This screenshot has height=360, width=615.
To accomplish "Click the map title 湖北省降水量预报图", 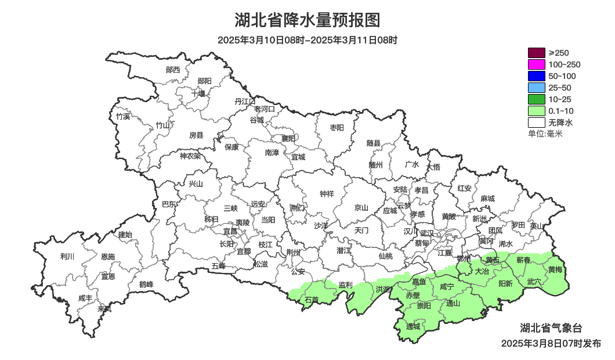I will pyautogui.click(x=307, y=20).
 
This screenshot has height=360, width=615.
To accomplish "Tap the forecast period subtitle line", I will pyautogui.click(x=307, y=40).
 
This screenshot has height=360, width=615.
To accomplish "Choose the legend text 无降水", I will pyautogui.click(x=560, y=123).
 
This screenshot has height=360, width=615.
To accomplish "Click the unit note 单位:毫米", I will pyautogui.click(x=545, y=134).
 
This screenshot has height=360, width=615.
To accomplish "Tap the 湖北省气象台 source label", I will pyautogui.click(x=551, y=328).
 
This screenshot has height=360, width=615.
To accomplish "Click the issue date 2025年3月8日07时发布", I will pyautogui.click(x=551, y=343).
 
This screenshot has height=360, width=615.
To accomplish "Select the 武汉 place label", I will pyautogui.click(x=426, y=232).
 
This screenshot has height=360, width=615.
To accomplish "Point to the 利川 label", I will pyautogui.click(x=67, y=256).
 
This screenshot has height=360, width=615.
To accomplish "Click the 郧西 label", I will pyautogui.click(x=173, y=70).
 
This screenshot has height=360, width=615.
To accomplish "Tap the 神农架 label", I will pyautogui.click(x=190, y=156).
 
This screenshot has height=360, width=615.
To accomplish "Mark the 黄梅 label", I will pyautogui.click(x=555, y=269).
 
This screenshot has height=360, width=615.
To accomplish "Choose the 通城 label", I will pyautogui.click(x=413, y=326).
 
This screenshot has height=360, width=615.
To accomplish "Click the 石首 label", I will pyautogui.click(x=312, y=300).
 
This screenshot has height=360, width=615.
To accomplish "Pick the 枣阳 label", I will pyautogui.click(x=337, y=127).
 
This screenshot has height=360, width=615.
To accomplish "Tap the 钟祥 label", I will pyautogui.click(x=327, y=194).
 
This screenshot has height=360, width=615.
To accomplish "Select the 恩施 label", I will pyautogui.click(x=108, y=256).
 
